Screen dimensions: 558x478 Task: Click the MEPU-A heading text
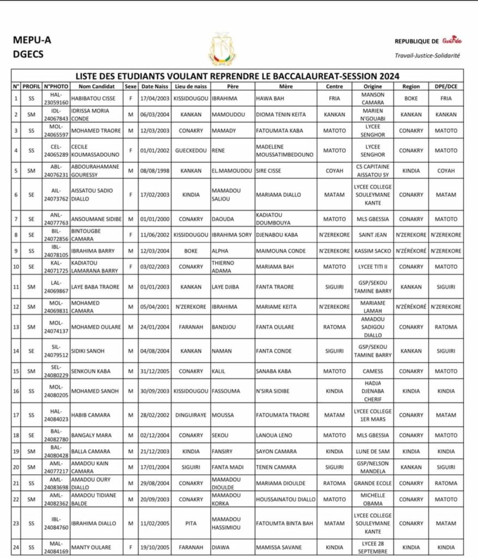(32, 41)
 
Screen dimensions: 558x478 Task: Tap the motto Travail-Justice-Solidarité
(427, 56)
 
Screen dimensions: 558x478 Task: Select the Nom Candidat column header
(96, 87)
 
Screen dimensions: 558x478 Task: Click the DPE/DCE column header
(446, 87)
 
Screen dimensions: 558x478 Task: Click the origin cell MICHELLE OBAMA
(372, 499)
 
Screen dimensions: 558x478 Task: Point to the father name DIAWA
(220, 547)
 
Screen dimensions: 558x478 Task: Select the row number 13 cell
(16, 327)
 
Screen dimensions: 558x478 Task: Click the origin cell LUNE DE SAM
(372, 451)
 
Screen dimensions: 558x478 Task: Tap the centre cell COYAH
(334, 171)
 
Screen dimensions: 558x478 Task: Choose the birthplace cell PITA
(191, 523)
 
